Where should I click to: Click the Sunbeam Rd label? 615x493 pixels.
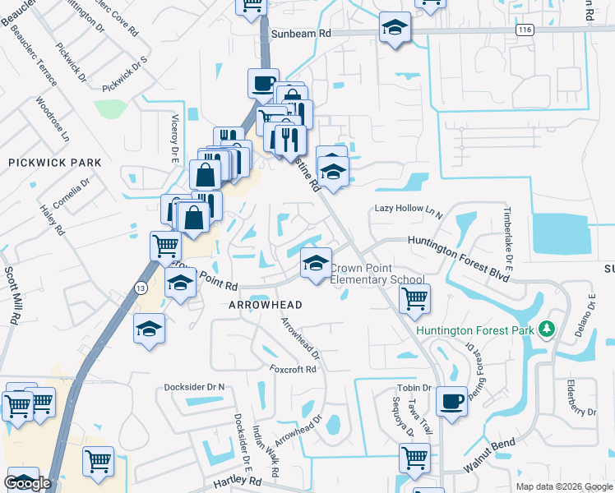pyautogui.click(x=303, y=35)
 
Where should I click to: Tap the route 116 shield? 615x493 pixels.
pyautogui.click(x=525, y=30)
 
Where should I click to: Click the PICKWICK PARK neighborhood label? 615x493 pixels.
pyautogui.click(x=55, y=163)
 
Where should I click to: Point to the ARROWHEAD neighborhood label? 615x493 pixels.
pyautogui.click(x=266, y=305)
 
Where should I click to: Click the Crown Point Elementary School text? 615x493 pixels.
pyautogui.click(x=377, y=274)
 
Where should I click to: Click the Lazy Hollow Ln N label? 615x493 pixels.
pyautogui.click(x=409, y=210)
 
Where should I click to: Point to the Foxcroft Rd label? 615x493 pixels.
pyautogui.click(x=293, y=370)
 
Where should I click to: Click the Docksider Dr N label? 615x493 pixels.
pyautogui.click(x=194, y=386)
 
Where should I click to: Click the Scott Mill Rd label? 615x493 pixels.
pyautogui.click(x=12, y=295)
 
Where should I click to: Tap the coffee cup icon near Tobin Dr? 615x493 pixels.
pyautogui.click(x=451, y=400)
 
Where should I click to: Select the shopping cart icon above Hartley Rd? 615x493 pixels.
pyautogui.click(x=99, y=460)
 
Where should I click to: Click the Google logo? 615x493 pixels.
pyautogui.click(x=27, y=483)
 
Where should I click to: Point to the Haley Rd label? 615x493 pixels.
pyautogui.click(x=52, y=221)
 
